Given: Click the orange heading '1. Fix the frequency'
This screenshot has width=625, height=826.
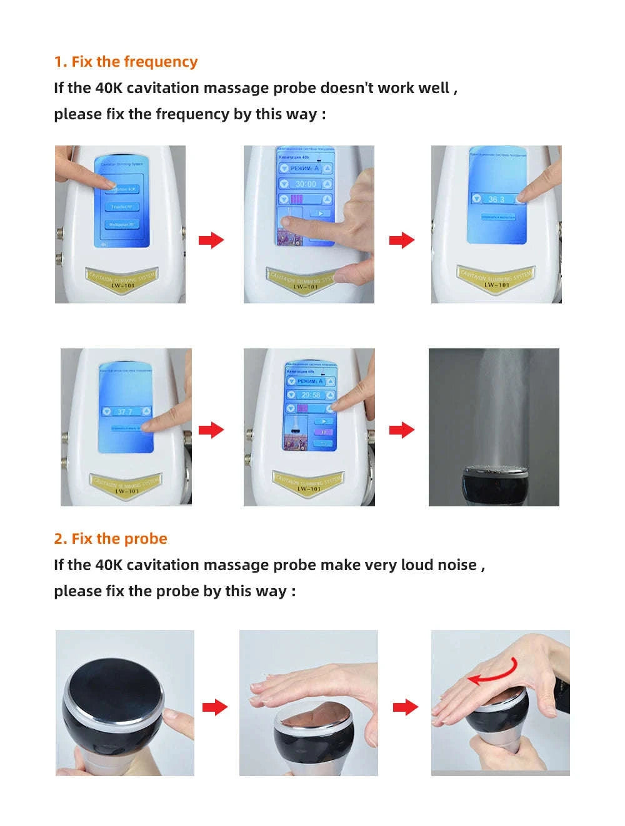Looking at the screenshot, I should point(126,62).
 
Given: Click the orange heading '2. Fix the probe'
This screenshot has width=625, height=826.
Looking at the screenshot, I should point(111,539).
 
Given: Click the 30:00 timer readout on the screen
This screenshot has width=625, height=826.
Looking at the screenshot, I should point(306,184).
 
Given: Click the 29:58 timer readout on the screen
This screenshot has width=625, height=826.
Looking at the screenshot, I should point(311,395).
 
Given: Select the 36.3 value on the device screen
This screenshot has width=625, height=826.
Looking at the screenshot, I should point(496,199).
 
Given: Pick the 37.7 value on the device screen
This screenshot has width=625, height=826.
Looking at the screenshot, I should point(125,411).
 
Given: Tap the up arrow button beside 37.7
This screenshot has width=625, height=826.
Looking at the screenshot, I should point(146,411).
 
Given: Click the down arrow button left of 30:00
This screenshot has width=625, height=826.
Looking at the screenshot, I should point(284,184).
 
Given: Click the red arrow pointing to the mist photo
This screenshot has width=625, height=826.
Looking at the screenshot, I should point(401,430).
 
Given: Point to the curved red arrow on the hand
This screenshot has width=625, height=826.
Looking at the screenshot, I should point(492,672).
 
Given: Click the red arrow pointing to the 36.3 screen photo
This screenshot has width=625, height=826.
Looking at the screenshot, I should point(401,240).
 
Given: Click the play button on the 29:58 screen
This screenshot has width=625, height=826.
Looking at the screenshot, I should point(324,421).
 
